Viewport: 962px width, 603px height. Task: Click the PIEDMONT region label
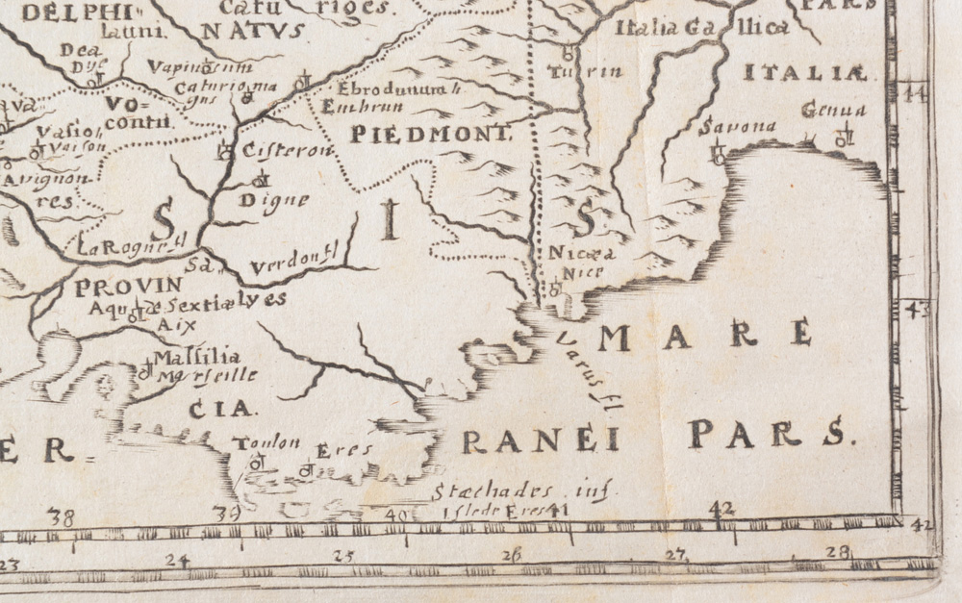coord(429,135)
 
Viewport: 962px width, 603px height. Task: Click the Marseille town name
coord(210,375)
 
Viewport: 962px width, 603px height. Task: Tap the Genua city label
coord(834,111)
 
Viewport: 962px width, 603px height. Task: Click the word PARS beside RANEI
coord(772,435)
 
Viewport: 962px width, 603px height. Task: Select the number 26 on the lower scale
coord(512,555)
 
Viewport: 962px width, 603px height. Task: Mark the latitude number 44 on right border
coord(915,93)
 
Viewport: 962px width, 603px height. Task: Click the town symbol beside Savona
coord(717,151)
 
